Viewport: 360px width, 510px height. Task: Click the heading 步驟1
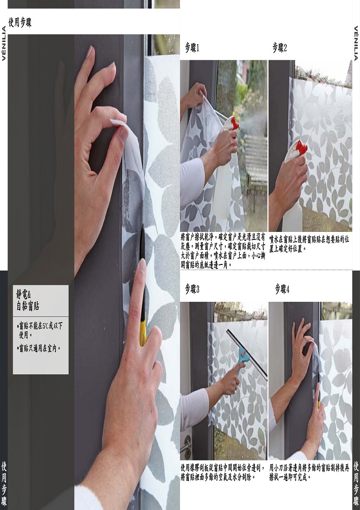[192, 48]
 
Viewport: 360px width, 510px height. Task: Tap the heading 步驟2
[280, 48]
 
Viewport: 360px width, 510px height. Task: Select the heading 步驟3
[192, 290]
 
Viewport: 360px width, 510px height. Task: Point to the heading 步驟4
[282, 290]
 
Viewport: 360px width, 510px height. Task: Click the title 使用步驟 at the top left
[20, 22]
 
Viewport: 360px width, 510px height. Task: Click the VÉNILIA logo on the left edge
[4, 43]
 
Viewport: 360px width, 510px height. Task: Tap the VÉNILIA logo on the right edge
[356, 43]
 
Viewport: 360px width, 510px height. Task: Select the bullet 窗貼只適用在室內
[39, 348]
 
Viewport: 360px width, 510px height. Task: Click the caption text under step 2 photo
[309, 244]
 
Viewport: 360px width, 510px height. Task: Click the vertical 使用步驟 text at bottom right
[356, 487]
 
